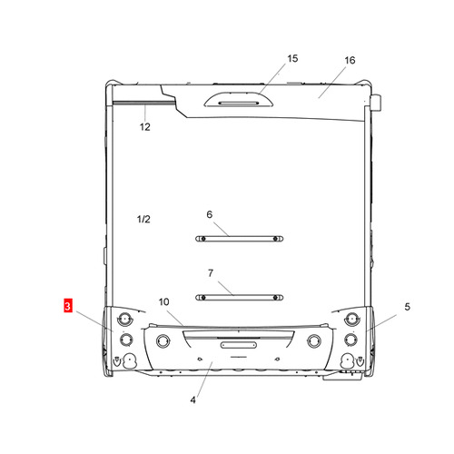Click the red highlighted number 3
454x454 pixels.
(68, 305)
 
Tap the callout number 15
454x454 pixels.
(292, 58)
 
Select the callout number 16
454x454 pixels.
(350, 60)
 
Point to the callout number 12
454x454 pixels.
(145, 127)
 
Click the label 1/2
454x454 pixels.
(143, 219)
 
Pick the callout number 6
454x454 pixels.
(210, 214)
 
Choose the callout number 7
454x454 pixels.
(211, 273)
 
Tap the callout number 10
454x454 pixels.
(163, 301)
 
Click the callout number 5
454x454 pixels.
(408, 307)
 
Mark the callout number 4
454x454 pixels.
(192, 400)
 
